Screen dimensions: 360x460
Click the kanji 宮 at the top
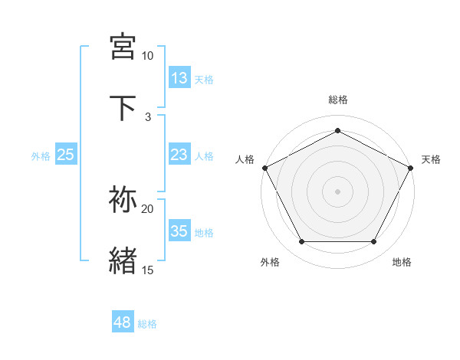123,47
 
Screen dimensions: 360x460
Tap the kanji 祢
123,200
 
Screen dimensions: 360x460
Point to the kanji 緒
123,260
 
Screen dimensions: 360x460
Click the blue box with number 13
179,78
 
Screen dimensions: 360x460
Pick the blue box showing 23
179,155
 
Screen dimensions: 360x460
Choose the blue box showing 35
179,231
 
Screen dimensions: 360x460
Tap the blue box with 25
66,155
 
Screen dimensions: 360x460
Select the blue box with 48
123,322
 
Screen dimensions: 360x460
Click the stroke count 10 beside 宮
148,56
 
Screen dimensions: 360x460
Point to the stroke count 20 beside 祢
148,208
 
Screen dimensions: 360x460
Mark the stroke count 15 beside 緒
148,270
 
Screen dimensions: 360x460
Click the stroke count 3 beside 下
148,116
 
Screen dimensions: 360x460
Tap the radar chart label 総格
338,100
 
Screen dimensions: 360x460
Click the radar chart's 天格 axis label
432,159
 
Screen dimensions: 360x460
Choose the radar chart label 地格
402,262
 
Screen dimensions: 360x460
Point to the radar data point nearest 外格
301,242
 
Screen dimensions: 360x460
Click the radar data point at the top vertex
338,130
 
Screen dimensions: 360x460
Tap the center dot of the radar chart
338,191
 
